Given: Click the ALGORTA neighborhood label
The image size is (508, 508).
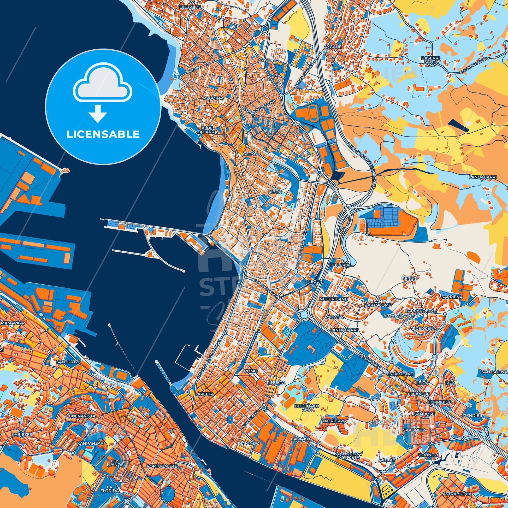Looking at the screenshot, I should (x=214, y=98).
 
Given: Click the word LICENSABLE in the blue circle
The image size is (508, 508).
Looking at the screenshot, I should (x=103, y=134).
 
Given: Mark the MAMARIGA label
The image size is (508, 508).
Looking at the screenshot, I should (x=12, y=323).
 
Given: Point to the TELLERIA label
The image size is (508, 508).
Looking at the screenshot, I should (x=339, y=265).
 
